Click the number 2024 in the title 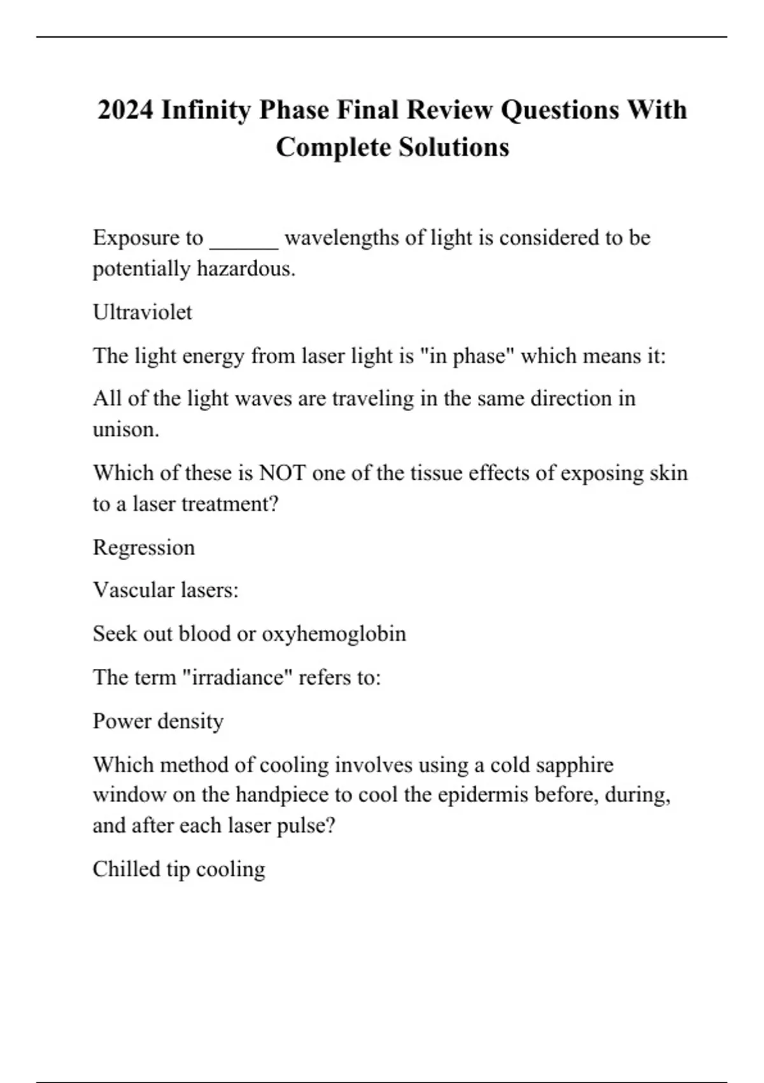125,110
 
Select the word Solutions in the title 454,147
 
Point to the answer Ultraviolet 142,312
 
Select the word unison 125,430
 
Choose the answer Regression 143,548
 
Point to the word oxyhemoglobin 334,634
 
